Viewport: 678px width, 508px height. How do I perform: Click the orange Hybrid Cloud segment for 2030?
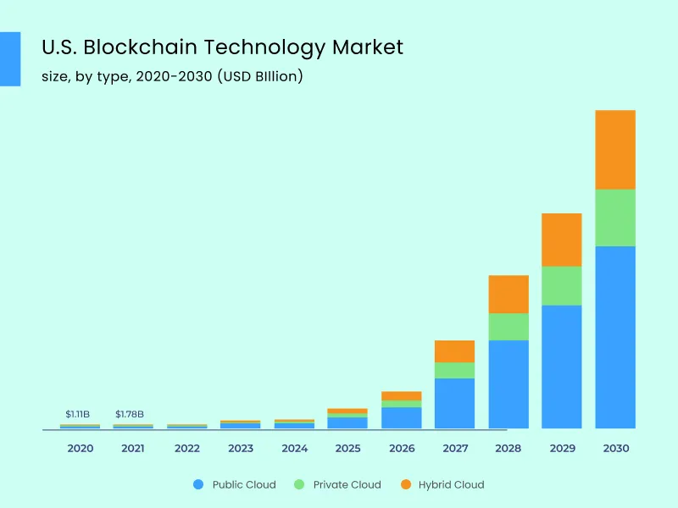click(615, 150)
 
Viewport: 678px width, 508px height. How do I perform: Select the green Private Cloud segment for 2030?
click(615, 218)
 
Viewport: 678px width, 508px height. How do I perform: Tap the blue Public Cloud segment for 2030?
click(615, 337)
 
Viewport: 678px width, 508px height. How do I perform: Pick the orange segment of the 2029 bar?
click(561, 240)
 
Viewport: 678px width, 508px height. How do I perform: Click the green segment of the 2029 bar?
click(561, 285)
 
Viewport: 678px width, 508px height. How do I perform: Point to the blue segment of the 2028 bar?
click(508, 384)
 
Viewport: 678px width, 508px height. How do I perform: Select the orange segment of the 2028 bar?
click(508, 294)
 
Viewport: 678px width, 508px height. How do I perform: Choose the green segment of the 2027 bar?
click(454, 370)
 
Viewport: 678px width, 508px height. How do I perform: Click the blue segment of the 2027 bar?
click(454, 403)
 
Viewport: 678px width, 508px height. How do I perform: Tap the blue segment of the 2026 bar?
click(401, 417)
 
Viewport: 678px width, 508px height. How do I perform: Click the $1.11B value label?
click(77, 414)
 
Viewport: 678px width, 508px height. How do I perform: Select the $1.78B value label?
click(130, 414)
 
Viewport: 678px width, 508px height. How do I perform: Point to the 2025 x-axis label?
click(347, 448)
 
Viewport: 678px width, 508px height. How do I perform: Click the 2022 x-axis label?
click(186, 448)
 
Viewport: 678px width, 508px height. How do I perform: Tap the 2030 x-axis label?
click(615, 448)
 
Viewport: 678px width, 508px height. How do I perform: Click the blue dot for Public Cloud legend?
click(198, 484)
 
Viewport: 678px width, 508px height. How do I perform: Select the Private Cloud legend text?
click(347, 484)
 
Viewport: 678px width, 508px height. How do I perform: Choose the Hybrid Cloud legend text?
click(451, 484)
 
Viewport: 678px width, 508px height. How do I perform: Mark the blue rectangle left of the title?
click(9, 58)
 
